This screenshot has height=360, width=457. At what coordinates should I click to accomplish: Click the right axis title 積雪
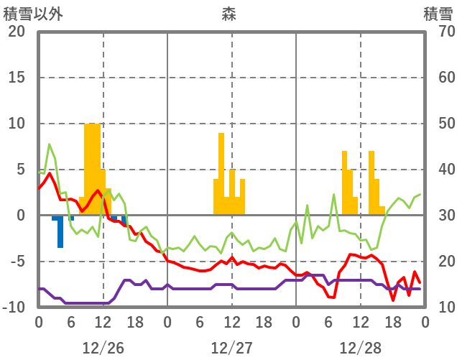438,14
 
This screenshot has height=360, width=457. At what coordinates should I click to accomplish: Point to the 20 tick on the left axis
16,32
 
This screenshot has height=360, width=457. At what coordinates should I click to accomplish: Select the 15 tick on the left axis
16,78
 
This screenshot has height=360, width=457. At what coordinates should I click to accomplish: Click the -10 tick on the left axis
13,308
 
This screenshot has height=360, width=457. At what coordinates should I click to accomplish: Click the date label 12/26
103,348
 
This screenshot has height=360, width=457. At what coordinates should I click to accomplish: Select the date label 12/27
231,348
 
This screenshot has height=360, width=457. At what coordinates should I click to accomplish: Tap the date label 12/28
361,348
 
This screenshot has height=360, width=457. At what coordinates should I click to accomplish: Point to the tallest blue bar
60,232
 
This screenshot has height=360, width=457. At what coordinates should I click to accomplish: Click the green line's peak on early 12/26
50,144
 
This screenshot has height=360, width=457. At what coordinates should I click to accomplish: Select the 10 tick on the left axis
16,124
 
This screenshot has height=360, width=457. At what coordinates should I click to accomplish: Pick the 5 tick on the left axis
19,170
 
